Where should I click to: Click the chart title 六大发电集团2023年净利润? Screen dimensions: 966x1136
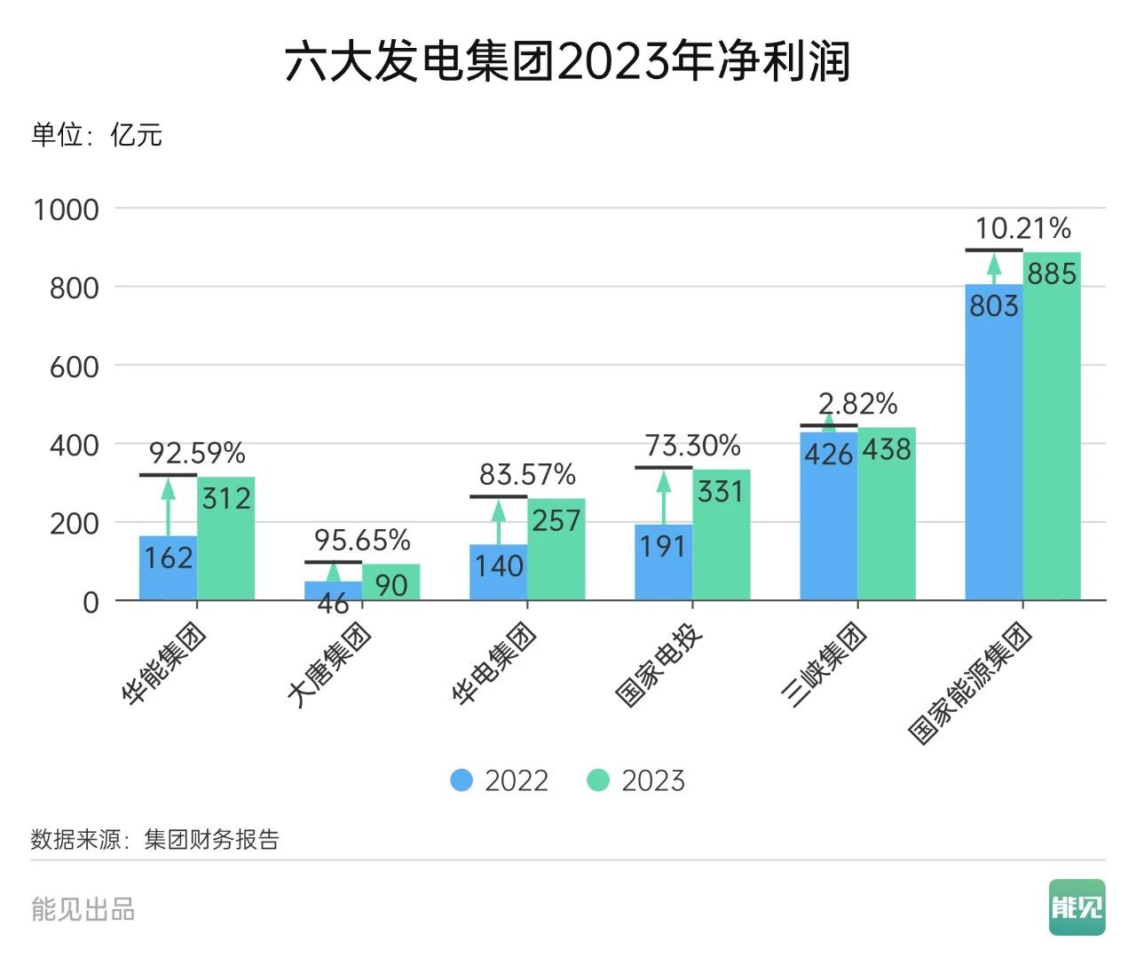(568, 62)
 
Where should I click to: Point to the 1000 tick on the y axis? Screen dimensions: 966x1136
(66, 210)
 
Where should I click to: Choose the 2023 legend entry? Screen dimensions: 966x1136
(636, 780)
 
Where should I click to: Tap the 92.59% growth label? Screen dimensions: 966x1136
(196, 454)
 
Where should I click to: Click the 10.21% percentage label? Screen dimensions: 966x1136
(1022, 229)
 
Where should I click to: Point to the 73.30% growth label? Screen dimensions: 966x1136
(692, 446)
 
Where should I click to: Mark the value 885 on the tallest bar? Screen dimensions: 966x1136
(1052, 274)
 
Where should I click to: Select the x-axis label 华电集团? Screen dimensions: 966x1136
(493, 663)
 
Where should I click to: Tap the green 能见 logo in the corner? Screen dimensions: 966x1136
(1077, 907)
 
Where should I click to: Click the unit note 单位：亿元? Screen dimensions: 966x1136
(97, 135)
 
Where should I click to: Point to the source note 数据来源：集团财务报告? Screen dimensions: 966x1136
(154, 839)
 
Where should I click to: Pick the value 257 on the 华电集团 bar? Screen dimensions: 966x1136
(556, 520)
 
